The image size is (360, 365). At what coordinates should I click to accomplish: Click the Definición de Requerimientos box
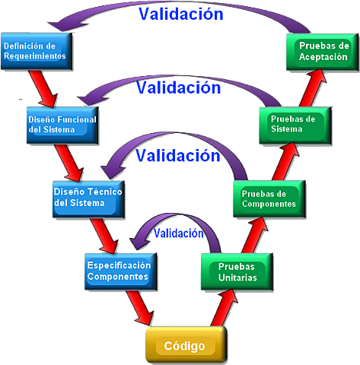point(37,50)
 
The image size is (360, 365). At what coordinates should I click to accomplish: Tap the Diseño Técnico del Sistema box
point(85,197)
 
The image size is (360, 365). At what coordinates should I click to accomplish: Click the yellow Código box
point(184,346)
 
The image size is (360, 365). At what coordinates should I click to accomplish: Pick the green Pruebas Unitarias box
point(236,272)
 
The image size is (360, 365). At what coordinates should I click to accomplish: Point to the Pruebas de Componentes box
point(267,198)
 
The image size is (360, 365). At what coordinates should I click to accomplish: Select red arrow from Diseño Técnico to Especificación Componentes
point(102,233)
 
